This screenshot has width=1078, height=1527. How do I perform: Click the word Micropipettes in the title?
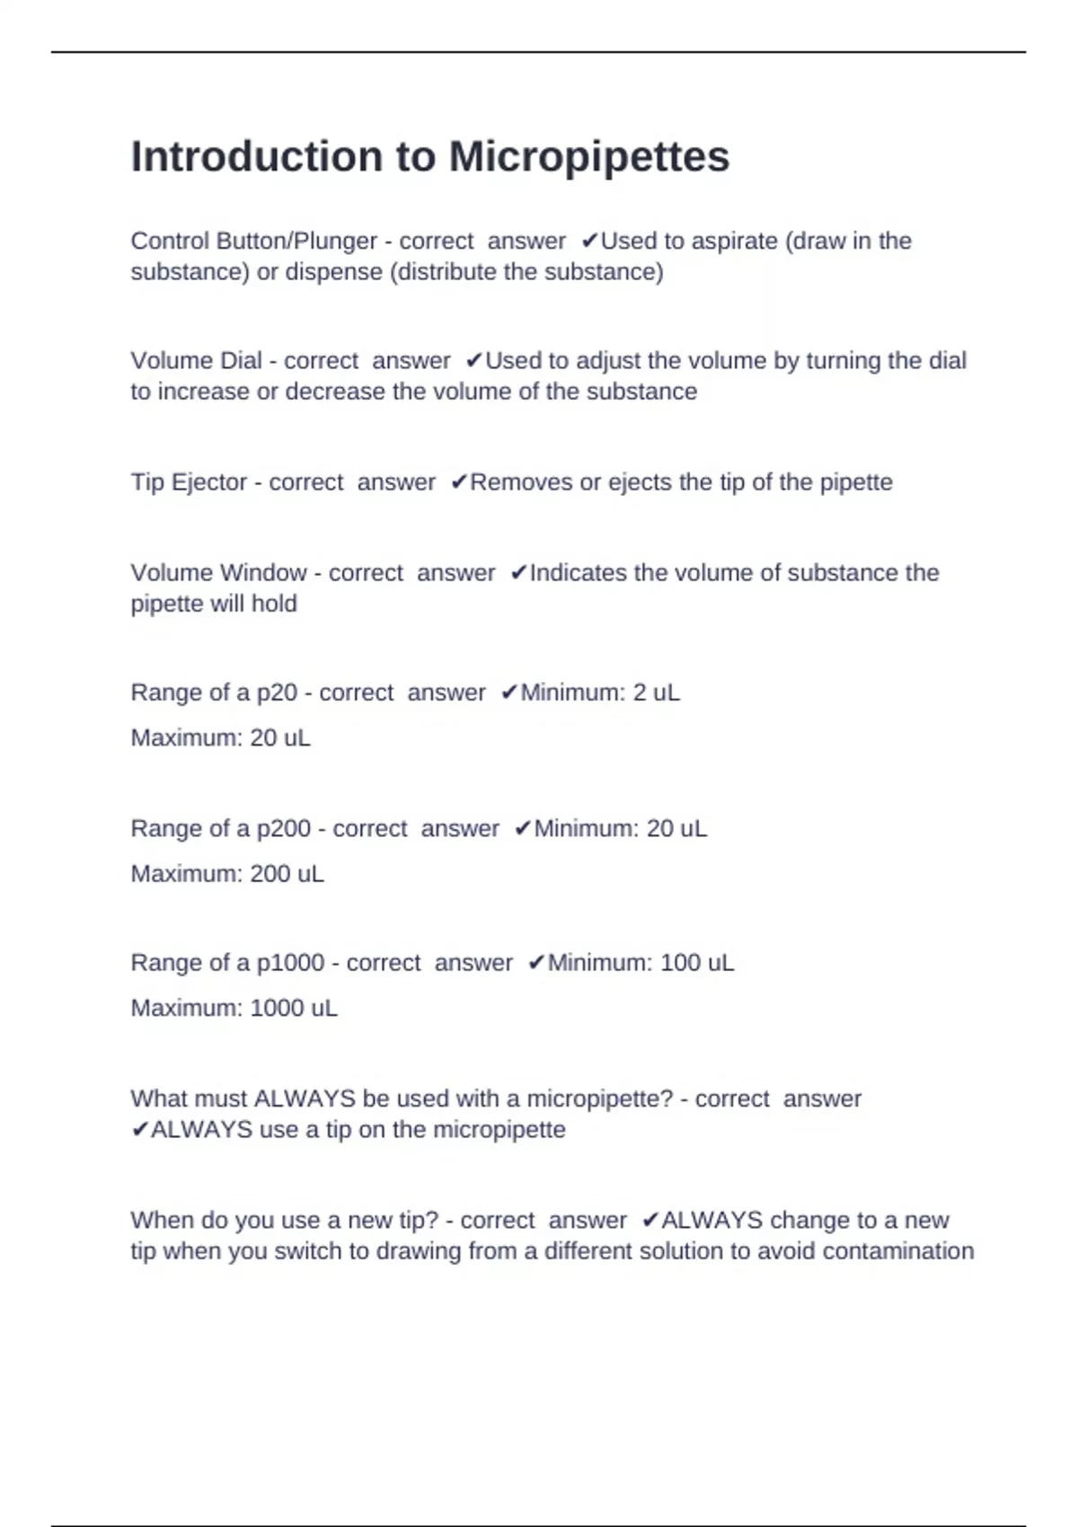point(588,157)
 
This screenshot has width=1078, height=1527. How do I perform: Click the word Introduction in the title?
point(256,157)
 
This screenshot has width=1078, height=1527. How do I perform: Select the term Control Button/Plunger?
point(253,242)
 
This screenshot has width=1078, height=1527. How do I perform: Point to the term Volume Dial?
point(196,361)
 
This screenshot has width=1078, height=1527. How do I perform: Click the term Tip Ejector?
point(189,482)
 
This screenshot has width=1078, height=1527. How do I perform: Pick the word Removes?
point(522,482)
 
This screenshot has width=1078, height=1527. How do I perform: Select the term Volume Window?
point(218,573)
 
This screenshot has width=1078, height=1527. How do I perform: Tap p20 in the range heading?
point(277,693)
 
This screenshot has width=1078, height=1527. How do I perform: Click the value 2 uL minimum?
point(656,693)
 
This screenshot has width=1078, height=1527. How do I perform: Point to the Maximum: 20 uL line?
point(220,738)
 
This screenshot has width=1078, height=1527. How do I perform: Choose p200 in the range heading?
point(284,828)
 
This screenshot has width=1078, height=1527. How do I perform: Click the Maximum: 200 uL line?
point(227,874)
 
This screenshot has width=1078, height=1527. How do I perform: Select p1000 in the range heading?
point(290,963)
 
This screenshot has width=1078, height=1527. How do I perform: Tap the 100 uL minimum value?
point(696,963)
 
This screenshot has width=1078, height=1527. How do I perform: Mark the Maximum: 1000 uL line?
point(234,1009)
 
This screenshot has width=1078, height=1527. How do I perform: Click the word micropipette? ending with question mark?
point(599,1099)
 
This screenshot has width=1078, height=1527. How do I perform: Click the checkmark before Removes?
point(458,483)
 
